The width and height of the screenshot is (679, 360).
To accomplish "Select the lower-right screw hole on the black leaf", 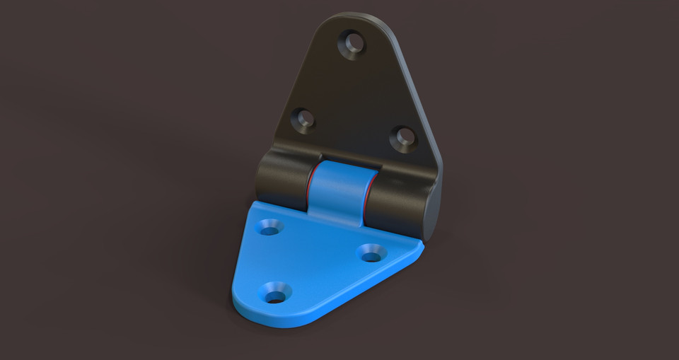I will (x=404, y=138).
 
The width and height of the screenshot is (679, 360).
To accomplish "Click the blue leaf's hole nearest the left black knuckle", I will (x=269, y=228).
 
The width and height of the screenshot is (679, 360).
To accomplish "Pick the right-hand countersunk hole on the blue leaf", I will (x=371, y=252).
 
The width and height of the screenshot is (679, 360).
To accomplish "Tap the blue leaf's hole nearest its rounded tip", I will (x=274, y=291).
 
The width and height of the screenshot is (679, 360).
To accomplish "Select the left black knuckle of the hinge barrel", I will (x=283, y=180).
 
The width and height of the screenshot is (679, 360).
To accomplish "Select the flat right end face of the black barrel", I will (x=433, y=209).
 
